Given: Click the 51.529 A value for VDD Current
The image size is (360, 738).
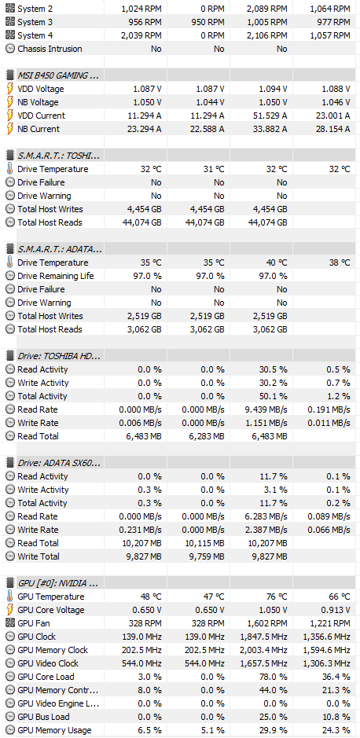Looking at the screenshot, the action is [x=266, y=116].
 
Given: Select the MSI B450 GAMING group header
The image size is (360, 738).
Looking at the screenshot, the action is [x=58, y=75].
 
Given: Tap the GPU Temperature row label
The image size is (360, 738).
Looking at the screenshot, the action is [x=51, y=597].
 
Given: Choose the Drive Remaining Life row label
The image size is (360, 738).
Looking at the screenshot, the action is [x=56, y=276].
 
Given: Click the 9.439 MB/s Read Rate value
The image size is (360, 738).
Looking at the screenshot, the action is [x=266, y=409].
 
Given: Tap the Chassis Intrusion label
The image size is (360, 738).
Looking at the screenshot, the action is [x=50, y=49].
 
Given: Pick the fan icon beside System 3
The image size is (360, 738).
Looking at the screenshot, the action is [x=10, y=22].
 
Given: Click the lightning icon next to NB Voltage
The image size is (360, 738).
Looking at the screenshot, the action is [x=10, y=102].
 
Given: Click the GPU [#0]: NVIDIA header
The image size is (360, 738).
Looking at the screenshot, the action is [x=58, y=584].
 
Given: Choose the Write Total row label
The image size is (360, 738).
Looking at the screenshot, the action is [x=39, y=556].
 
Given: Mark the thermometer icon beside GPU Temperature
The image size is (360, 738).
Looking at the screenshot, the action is [x=10, y=597].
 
